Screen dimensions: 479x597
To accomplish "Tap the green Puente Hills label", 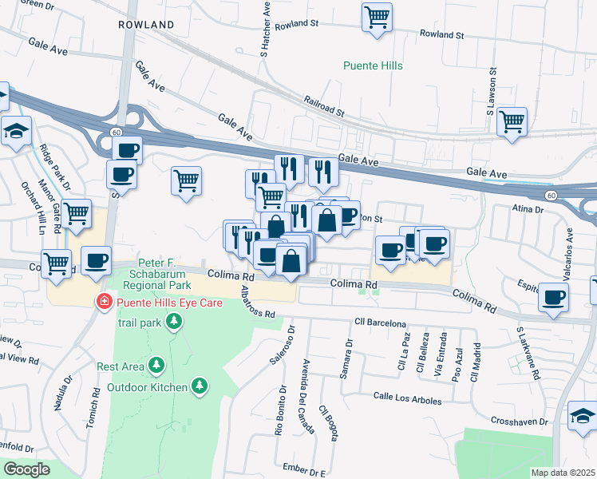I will click(373, 65).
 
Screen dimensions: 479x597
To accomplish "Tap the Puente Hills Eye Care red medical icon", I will click(103, 302).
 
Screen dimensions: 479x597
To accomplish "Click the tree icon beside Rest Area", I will click(157, 366).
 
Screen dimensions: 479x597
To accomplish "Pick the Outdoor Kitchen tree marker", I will click(200, 387).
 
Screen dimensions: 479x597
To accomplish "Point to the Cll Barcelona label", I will click(381, 323).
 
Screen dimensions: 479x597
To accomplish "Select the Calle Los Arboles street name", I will click(408, 395).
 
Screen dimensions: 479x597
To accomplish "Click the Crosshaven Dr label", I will click(520, 420).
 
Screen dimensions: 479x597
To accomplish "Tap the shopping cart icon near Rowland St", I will click(377, 17).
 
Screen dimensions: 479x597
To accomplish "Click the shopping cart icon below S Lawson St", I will click(512, 123).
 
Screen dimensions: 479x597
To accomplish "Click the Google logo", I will click(26, 469).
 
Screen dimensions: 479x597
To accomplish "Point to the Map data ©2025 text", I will click(563, 473).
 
